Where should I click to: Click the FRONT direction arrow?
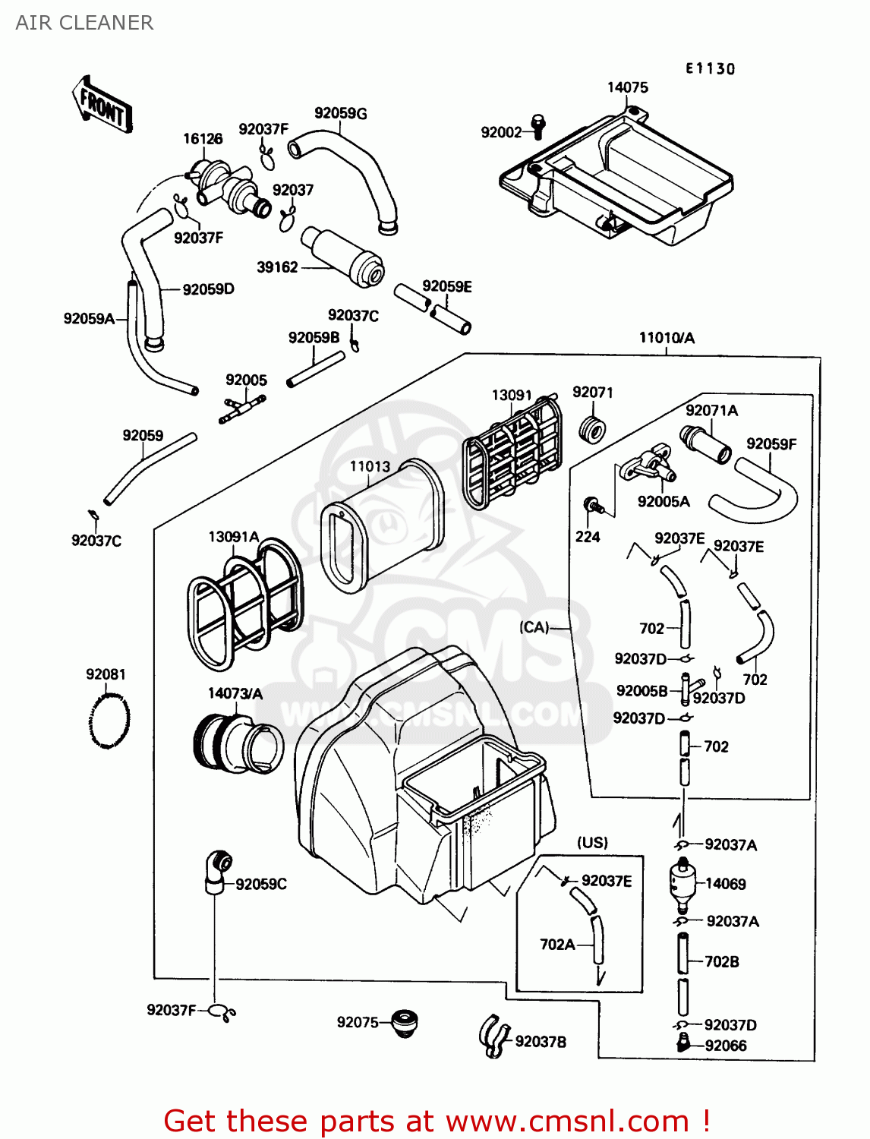[102, 105]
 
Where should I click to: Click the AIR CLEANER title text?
[84, 23]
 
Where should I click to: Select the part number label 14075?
[627, 87]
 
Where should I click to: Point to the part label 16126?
[203, 138]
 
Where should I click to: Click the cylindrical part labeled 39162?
[343, 256]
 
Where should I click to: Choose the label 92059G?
[340, 113]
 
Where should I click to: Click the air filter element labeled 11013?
[382, 525]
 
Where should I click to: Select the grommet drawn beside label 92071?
[591, 429]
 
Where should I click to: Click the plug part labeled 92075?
[403, 1024]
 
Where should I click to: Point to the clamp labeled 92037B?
[493, 1035]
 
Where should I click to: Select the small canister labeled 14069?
[682, 883]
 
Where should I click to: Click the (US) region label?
[592, 842]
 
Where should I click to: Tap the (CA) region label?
[534, 627]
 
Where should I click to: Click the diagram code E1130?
[710, 68]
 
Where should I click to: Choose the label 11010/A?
[667, 338]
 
